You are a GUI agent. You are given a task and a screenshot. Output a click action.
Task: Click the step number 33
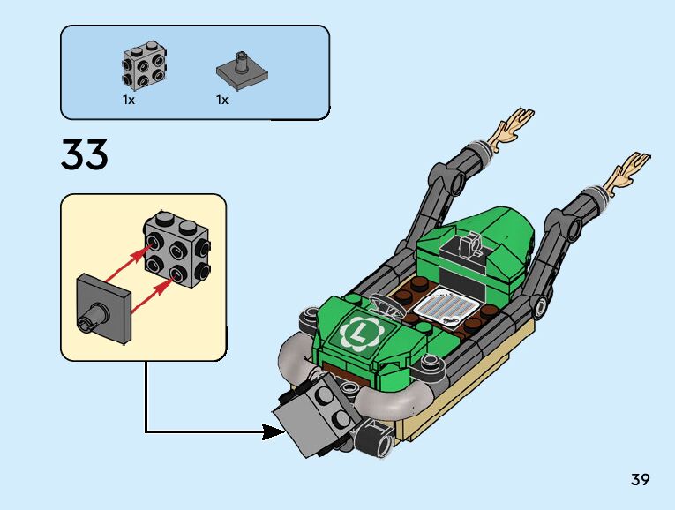coord(85,154)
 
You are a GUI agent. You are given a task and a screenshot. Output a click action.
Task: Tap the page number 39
coord(640,479)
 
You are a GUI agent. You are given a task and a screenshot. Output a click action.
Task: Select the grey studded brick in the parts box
coord(144,65)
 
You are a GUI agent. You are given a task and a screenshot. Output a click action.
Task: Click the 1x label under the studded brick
coord(129,101)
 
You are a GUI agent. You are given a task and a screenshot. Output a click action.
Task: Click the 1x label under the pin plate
coord(222,101)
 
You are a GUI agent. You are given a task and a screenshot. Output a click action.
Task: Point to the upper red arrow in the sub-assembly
coord(129,263)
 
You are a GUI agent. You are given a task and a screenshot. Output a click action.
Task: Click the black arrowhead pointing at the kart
coord(273,431)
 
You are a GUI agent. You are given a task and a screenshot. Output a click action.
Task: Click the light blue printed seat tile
coord(446,306)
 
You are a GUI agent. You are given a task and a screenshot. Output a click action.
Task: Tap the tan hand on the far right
coord(626,172)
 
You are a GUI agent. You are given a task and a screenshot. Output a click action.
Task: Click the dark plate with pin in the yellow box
coord(103,309)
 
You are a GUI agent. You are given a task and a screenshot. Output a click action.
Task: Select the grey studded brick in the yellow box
coord(177,249)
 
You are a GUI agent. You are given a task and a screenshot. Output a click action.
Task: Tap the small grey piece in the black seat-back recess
coord(470,246)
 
